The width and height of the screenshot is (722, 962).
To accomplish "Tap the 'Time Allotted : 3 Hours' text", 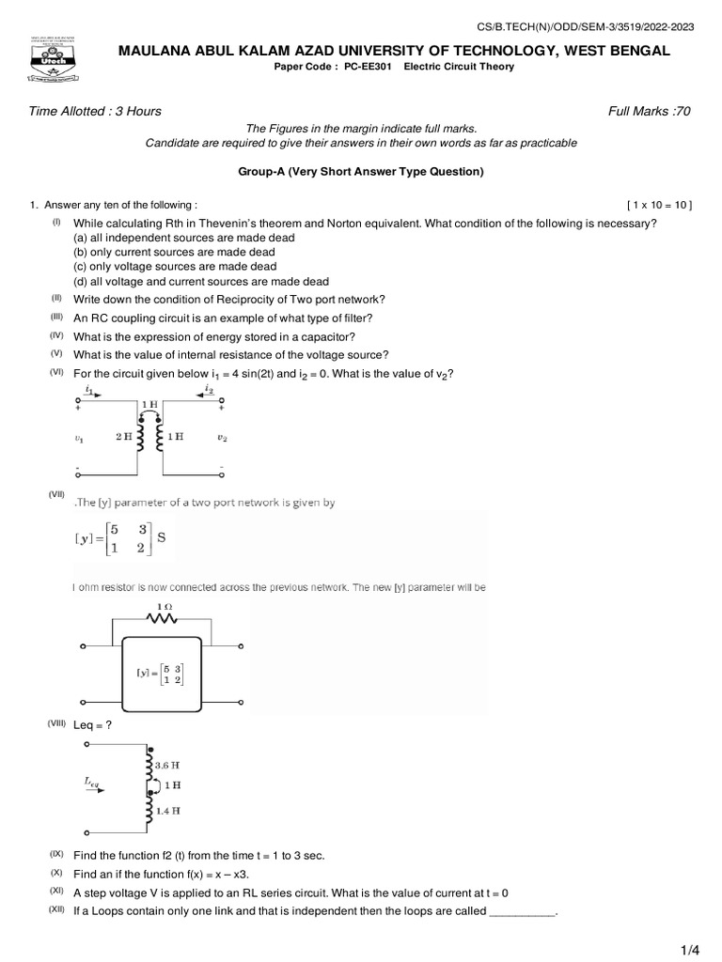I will pyautogui.click(x=96, y=111).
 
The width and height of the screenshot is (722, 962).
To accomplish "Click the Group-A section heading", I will pyautogui.click(x=361, y=172).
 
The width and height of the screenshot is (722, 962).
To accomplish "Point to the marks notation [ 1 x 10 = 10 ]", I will pyautogui.click(x=658, y=205).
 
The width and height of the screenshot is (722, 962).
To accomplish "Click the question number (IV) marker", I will pyautogui.click(x=56, y=335).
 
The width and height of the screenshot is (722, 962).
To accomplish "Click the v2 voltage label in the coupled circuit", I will pyautogui.click(x=222, y=437).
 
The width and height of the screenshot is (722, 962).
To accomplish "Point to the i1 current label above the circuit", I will pyautogui.click(x=88, y=388).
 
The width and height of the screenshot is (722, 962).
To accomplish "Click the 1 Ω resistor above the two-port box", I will pyautogui.click(x=165, y=618).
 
